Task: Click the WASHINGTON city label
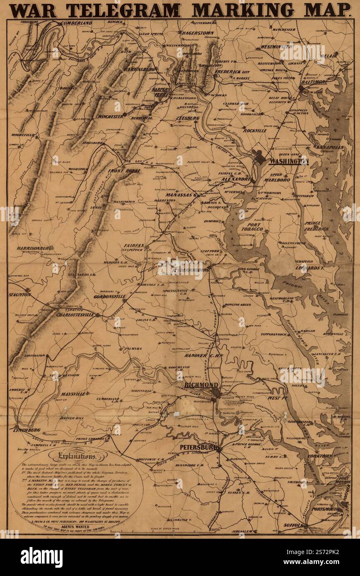(x=289, y=161)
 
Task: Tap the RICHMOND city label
(x=201, y=385)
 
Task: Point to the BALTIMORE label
(x=313, y=82)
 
